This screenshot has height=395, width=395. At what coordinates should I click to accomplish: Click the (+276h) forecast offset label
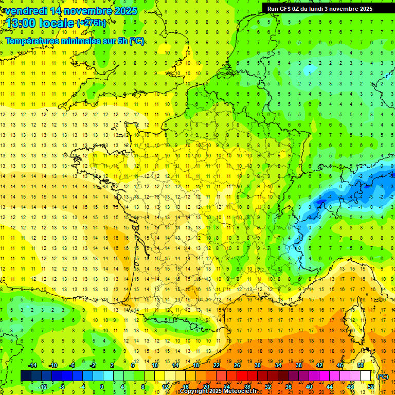point(92,23)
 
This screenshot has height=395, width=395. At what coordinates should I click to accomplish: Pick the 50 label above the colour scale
point(360,365)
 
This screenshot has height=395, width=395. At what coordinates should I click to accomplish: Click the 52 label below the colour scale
point(371,387)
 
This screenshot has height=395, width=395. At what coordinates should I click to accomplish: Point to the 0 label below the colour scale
point(102,387)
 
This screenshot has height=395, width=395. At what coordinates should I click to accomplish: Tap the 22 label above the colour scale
point(217,365)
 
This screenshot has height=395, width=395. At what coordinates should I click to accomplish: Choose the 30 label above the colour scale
point(258,365)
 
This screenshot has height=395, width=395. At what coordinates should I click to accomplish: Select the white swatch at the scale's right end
point(366,376)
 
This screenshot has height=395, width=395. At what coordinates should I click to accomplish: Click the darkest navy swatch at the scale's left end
point(26,376)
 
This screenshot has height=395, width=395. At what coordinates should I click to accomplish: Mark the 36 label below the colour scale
point(289,387)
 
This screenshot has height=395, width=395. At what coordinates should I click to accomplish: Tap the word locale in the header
point(56,23)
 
